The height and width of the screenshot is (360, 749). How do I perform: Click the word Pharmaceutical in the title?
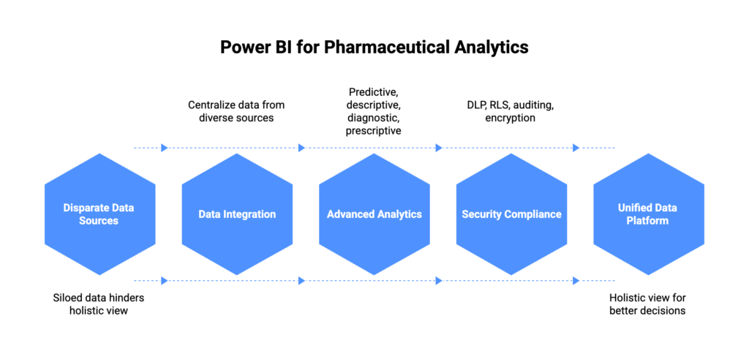pos(385,48)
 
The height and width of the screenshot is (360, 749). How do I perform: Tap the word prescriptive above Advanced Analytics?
pos(374,131)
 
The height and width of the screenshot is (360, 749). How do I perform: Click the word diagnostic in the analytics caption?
pos(374,118)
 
